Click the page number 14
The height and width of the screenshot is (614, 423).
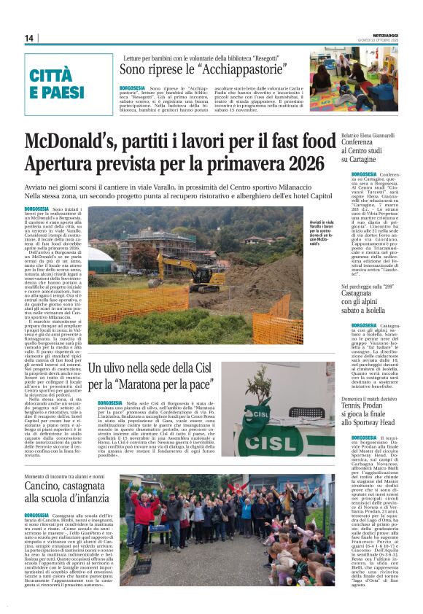coord(29,38)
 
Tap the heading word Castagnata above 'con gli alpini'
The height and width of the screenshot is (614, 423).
coord(366,292)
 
